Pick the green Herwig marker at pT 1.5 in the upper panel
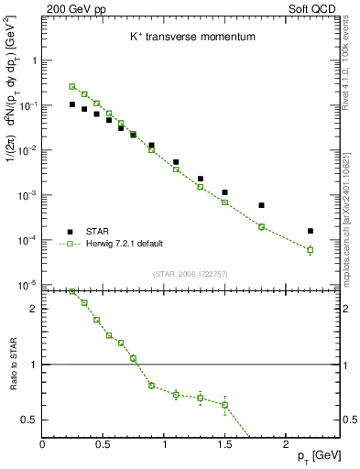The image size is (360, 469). [x=224, y=202]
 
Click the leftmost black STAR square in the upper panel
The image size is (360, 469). [x=72, y=104]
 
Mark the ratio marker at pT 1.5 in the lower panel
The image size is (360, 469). [x=224, y=405]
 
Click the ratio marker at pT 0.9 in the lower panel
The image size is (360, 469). [x=151, y=386]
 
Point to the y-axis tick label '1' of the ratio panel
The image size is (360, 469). [x=32, y=365]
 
